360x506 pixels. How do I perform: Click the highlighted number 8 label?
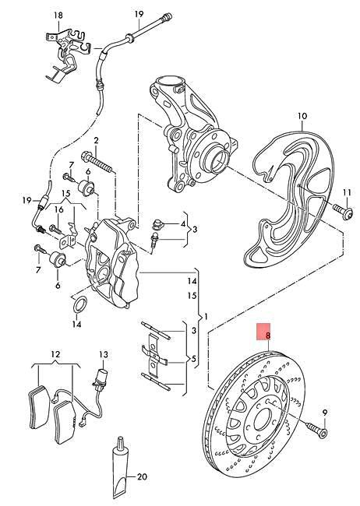point(267,334)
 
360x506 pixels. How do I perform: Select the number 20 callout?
point(141,477)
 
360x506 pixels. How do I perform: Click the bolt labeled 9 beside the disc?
point(313,426)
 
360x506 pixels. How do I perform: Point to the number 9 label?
point(326,412)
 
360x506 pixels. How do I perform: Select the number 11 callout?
point(348,191)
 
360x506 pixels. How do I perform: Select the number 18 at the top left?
point(57,15)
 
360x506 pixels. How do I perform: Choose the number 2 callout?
point(97,140)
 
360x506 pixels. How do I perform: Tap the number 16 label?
point(58,209)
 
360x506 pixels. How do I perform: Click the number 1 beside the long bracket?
point(206,317)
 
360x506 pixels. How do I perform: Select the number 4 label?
point(183,224)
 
